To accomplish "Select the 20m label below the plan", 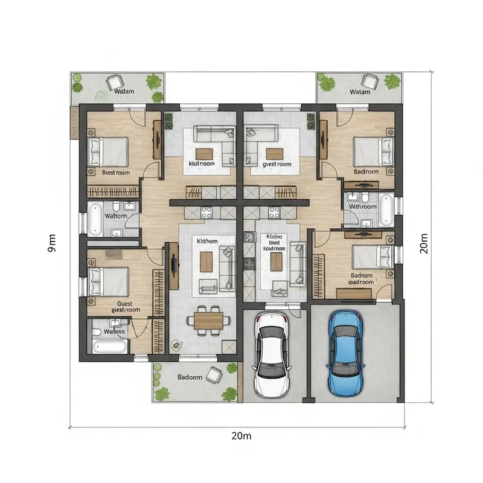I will coord(240,436).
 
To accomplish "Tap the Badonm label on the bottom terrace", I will coord(190,377).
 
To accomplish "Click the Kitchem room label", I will coord(206,240).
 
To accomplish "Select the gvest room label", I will coord(277,164).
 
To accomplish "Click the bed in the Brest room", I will coord(109,151).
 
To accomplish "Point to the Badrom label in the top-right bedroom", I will coord(366,171).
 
